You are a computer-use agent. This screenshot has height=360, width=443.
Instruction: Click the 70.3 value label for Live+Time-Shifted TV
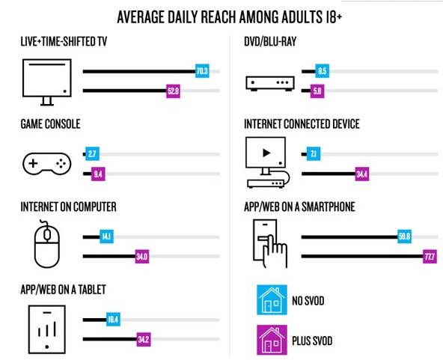tap(202, 71)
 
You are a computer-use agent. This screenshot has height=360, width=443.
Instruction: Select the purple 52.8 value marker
tap(173, 91)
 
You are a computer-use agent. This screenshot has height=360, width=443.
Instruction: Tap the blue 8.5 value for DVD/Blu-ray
tap(323, 71)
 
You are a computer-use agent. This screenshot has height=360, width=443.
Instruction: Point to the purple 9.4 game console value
tap(98, 174)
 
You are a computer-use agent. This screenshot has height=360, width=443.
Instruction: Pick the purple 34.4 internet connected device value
tap(362, 174)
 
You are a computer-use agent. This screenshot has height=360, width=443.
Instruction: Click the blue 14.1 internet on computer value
tap(106, 237)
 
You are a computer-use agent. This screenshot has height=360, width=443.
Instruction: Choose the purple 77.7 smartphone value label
tap(430, 257)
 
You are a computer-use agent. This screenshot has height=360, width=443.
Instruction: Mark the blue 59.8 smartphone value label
tap(404, 237)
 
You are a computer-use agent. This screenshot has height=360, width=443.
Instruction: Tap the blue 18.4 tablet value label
tap(113, 320)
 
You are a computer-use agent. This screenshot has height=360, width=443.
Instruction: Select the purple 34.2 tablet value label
tap(144, 339)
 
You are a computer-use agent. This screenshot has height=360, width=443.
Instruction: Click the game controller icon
tap(46, 164)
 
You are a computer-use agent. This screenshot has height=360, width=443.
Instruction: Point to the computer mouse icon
tap(46, 243)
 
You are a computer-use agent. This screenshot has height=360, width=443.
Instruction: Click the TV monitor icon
tap(47, 82)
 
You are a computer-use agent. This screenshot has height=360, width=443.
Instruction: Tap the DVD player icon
tap(270, 83)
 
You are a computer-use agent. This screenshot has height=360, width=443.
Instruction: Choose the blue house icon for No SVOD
tap(272, 300)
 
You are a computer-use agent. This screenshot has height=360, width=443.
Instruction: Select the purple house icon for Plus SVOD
tap(272, 340)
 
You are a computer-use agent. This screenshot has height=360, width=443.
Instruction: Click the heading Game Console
tap(51, 124)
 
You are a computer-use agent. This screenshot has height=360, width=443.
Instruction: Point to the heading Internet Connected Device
tap(302, 124)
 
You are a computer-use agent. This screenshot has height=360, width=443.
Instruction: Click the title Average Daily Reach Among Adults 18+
tap(230, 17)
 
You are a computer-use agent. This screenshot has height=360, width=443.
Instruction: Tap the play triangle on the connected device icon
tap(266, 153)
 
